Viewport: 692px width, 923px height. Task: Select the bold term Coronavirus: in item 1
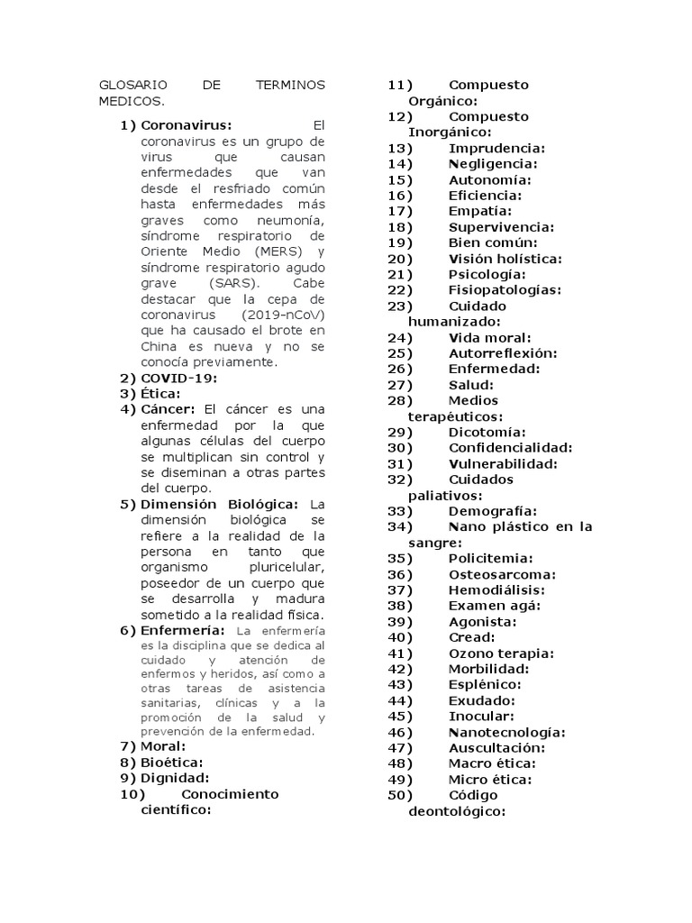click(187, 124)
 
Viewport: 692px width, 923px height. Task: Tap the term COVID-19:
click(179, 378)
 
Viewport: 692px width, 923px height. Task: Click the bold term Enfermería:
click(183, 630)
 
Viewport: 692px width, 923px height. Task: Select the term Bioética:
click(172, 762)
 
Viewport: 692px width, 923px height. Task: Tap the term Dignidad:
click(175, 778)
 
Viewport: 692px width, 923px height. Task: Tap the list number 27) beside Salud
click(400, 385)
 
